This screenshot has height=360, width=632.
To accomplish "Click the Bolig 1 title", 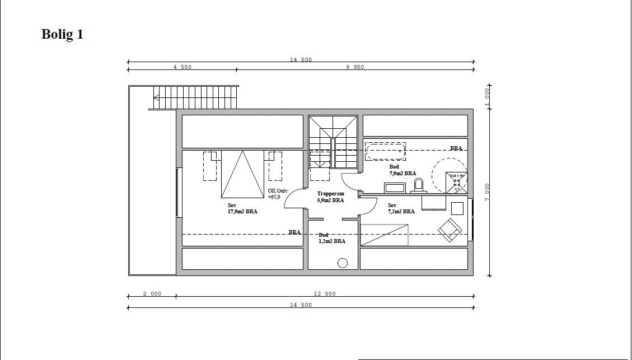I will (x=62, y=35).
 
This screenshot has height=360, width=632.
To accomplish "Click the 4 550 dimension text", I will (x=182, y=67).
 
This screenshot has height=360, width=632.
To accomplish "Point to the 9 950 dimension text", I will (x=355, y=67).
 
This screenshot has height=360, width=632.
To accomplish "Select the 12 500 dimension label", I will (x=325, y=294).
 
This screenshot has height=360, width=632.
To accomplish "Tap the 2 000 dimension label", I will (x=152, y=294).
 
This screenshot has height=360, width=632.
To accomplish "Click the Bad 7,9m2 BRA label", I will (x=402, y=170).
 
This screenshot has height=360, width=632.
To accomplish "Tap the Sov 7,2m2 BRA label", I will (x=401, y=208).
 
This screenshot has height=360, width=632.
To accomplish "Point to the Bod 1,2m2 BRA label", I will (x=331, y=238).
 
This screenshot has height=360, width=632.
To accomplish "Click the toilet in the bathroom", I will (x=419, y=185).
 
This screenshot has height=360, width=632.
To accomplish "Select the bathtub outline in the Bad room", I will (x=385, y=151).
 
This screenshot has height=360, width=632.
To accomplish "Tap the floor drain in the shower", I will (x=456, y=182).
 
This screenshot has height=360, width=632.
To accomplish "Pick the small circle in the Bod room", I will (x=343, y=263).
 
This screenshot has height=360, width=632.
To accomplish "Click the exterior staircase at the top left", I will (x=196, y=97).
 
